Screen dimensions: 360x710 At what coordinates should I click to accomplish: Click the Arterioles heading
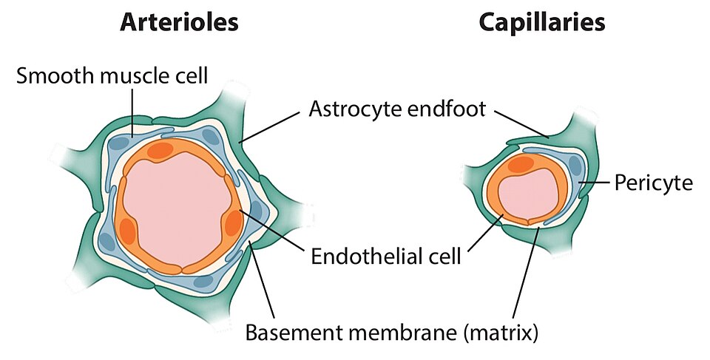coord(180,22)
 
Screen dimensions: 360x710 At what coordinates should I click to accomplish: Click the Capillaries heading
coord(542,22)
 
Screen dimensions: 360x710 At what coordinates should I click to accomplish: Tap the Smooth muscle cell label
coord(112,75)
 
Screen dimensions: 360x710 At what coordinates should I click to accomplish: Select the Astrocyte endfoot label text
coord(397,110)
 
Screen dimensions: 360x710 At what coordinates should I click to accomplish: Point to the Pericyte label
coord(654,182)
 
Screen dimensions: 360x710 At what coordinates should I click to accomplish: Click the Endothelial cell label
coord(386,257)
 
